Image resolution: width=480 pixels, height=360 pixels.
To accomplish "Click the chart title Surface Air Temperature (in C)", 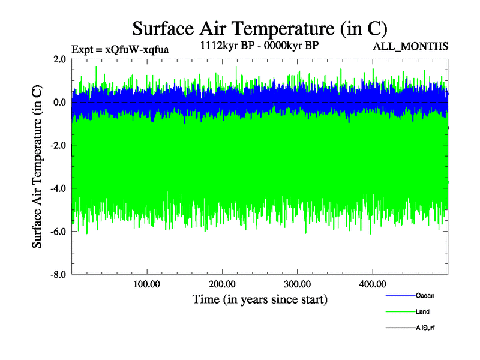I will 259,28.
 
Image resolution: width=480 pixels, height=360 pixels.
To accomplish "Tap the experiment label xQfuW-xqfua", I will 120,49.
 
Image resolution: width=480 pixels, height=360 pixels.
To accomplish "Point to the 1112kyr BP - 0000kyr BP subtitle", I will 259,46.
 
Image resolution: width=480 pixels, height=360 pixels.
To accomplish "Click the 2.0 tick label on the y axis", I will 59,59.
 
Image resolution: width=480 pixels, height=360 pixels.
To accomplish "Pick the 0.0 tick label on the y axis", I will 59,102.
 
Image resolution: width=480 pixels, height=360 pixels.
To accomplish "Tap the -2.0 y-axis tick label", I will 58,145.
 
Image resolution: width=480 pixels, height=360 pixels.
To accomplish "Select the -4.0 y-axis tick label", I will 58,188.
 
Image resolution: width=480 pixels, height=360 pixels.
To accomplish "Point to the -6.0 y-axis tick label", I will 58,232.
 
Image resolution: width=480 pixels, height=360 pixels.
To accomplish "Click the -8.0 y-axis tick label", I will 58,275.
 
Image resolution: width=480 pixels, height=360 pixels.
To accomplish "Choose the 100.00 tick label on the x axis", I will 146,284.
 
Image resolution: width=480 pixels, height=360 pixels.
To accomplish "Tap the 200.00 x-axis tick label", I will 222,284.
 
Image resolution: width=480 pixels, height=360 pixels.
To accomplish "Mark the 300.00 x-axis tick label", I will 297,284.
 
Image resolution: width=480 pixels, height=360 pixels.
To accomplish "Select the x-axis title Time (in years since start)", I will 260,299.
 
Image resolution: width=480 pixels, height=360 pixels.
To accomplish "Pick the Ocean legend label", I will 425,296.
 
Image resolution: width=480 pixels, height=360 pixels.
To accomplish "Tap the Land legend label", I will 422,312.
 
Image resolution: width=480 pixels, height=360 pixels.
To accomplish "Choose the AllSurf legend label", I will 425,328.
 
